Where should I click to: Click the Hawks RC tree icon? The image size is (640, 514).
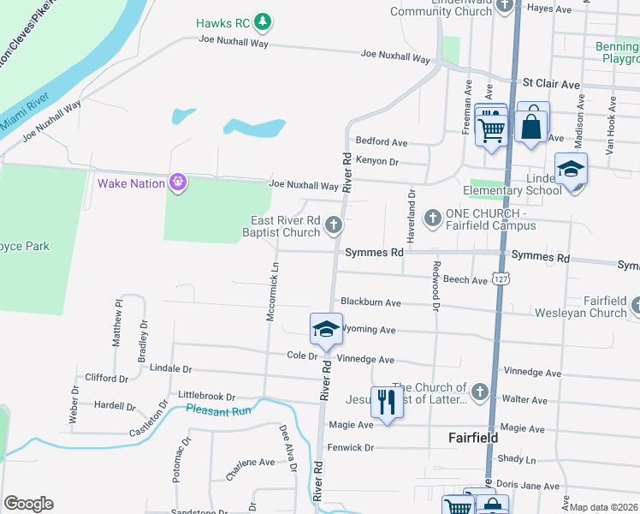pos(264,21)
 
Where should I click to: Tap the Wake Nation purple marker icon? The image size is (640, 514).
pos(177,182)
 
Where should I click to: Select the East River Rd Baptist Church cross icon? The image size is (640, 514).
pos(334,226)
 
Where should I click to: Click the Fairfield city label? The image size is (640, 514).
pos(473,437)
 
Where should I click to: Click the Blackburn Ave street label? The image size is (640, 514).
pos(370,302)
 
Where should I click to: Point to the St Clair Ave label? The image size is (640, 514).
pos(551,84)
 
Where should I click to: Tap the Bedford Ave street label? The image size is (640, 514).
pos(382,141)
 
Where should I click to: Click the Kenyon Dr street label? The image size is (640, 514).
pos(377,161)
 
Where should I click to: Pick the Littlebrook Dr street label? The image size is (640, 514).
pos(206,396)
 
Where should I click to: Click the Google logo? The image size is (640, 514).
pos(29,504)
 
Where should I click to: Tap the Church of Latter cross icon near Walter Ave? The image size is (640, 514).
pos(479,392)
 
